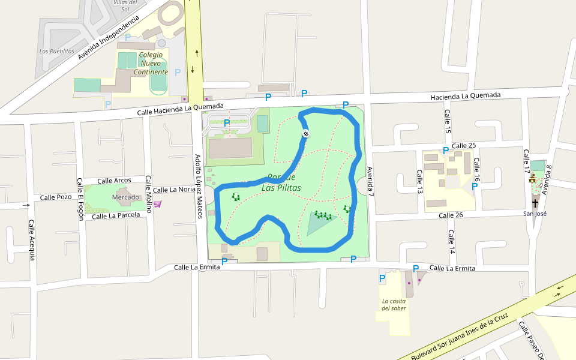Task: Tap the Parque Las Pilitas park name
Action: (x=281, y=182)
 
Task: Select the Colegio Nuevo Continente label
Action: (x=151, y=63)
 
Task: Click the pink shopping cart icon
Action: (x=158, y=204)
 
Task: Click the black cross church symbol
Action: (x=535, y=203)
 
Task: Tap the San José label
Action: (x=535, y=214)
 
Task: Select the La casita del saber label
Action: (x=394, y=305)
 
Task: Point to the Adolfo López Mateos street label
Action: (x=199, y=178)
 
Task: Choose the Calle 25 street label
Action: (x=463, y=146)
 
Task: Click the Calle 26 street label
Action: (x=451, y=215)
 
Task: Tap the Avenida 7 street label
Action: (x=370, y=182)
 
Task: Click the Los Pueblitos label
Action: (x=56, y=52)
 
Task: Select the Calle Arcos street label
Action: (x=114, y=181)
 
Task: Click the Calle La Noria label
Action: (x=174, y=190)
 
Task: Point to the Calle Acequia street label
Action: (x=32, y=239)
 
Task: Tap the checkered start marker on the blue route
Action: (x=305, y=134)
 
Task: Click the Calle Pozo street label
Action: (x=56, y=197)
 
